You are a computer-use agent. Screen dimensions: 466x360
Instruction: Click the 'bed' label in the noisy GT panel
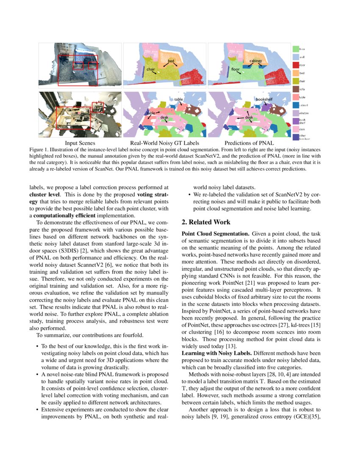coord(171,61)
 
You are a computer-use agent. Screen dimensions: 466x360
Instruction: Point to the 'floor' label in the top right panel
coord(235,69)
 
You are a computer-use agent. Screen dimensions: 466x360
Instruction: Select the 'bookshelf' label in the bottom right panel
coord(264,99)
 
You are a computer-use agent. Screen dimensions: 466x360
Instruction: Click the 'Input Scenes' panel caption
coord(80,143)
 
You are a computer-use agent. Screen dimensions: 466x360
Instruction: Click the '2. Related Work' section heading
coord(206,222)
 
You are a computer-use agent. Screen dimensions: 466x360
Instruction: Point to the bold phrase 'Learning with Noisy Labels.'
coord(216,353)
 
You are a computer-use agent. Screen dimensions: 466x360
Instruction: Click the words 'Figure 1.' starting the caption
coord(39,150)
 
